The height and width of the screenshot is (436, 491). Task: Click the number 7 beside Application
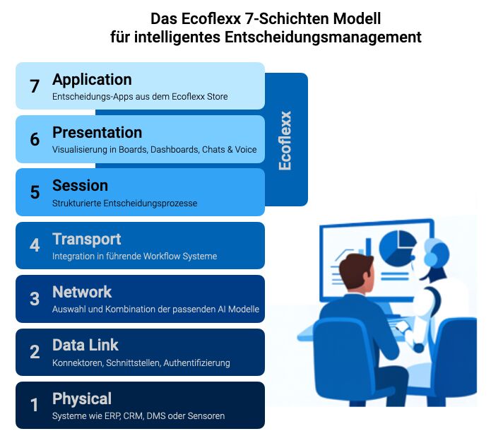point(35,86)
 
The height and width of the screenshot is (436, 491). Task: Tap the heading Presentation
point(97,132)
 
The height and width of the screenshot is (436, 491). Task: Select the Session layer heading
point(80,185)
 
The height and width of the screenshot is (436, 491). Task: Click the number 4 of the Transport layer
point(35,245)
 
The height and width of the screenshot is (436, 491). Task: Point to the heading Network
point(82,292)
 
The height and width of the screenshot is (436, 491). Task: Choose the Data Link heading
point(85,345)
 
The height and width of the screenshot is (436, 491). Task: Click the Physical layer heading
point(82,399)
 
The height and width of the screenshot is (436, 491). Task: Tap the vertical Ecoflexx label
point(285,141)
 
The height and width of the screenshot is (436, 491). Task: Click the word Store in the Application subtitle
point(218,97)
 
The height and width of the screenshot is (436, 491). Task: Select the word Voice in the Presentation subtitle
point(246,150)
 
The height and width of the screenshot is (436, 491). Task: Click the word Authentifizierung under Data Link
point(196,363)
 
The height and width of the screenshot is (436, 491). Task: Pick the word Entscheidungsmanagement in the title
point(323,37)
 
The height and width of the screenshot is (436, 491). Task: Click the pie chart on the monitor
point(397,248)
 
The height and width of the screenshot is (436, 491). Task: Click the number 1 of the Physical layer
point(34,405)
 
